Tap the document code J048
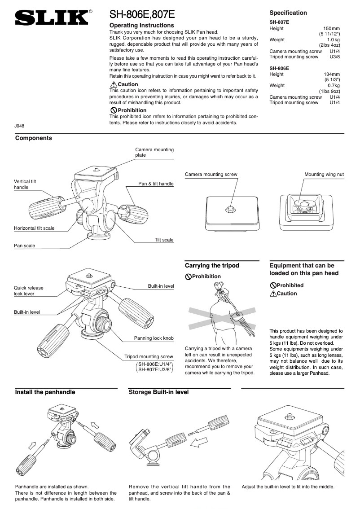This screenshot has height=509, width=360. tap(19, 126)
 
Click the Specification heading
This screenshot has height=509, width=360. tap(288, 13)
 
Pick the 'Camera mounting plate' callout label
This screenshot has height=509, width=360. tap(154, 152)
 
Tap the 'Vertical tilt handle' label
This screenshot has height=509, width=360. tap(25, 184)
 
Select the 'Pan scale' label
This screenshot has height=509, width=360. tap(25, 246)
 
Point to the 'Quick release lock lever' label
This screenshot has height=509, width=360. tap(29, 290)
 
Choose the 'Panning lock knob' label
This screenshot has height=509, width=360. tap(154, 338)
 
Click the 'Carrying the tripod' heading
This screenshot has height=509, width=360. tap(212, 266)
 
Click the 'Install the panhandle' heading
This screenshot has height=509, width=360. tap(45, 392)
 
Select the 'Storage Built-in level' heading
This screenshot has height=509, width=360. tap(158, 392)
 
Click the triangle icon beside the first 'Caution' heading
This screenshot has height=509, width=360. tap(113, 84)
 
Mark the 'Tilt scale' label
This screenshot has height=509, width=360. tap(164, 240)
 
